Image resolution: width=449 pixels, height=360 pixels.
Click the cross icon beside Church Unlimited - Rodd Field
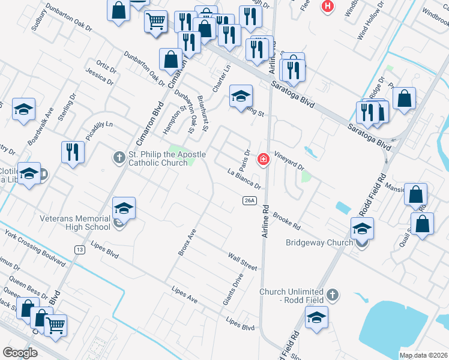tap(333, 295)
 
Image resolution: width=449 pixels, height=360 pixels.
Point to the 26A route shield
tap(250, 200)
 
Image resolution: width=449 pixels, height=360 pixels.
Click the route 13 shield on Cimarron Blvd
tap(79, 249)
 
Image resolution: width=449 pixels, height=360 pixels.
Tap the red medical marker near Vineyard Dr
tap(263, 159)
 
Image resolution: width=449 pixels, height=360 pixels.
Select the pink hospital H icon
tap(328, 7)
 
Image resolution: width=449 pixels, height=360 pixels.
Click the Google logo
tap(20, 352)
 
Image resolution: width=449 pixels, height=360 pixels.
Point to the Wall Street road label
tap(242, 261)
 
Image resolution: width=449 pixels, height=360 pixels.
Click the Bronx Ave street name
tap(187, 242)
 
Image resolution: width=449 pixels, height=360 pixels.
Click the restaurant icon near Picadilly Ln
tap(72, 151)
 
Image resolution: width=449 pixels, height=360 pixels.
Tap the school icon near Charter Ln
tap(241, 96)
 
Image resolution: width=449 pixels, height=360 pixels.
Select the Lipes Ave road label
tap(184, 294)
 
